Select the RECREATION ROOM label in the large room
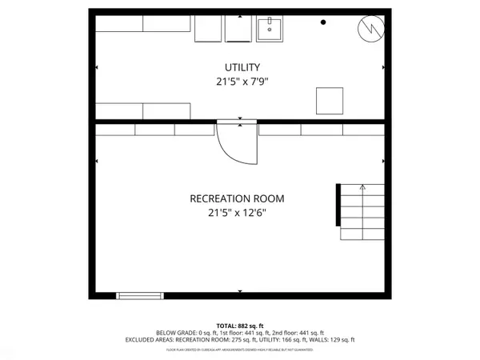[237, 198]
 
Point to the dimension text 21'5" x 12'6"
[237, 213]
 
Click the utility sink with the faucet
[270, 30]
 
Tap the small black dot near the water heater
[323, 22]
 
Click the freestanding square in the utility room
[330, 101]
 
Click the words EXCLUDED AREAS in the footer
[149, 339]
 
